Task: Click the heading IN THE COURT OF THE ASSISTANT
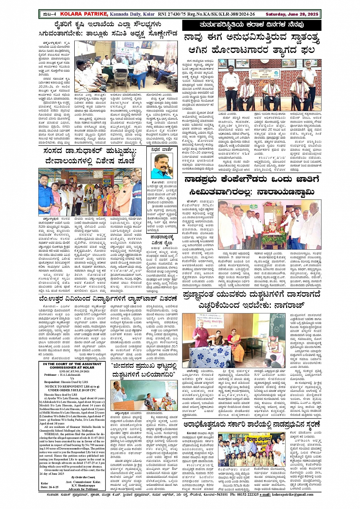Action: click(x=72, y=364)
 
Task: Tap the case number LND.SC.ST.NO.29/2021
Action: click(x=72, y=371)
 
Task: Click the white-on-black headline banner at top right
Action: click(x=251, y=26)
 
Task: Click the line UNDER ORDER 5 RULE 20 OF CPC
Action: click(x=72, y=390)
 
